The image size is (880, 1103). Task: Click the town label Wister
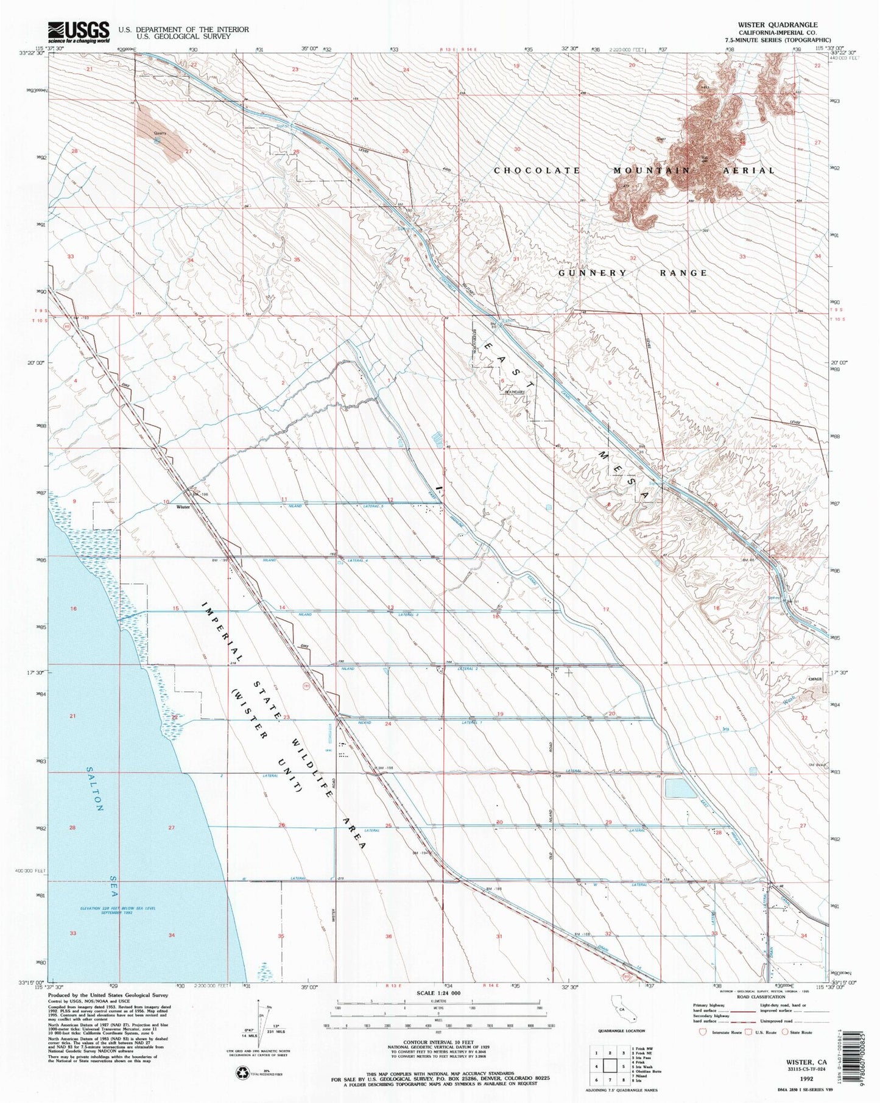click(x=183, y=506)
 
